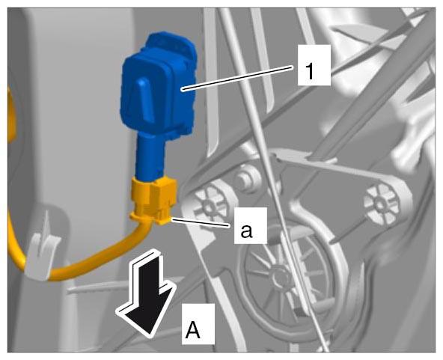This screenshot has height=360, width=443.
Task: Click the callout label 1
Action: [x=314, y=65]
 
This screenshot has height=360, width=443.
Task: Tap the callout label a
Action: [x=250, y=225]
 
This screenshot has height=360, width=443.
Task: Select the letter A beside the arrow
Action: [x=198, y=324]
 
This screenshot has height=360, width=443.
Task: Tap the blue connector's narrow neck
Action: [x=149, y=158]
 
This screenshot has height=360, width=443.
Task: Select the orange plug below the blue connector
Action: [x=153, y=201]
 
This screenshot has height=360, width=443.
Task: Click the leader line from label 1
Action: [x=238, y=78]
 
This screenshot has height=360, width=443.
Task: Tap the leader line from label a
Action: [x=203, y=222]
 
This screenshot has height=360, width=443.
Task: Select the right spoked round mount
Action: [x=381, y=204]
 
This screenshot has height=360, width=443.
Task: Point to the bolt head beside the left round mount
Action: [x=245, y=179]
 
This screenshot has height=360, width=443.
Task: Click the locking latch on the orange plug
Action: [x=164, y=198]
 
